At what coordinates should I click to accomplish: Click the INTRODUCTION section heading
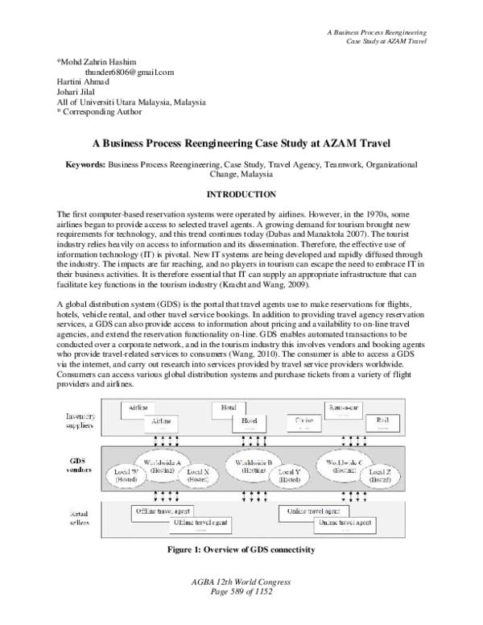[242, 194]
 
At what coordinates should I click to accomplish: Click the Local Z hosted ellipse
[381, 476]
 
